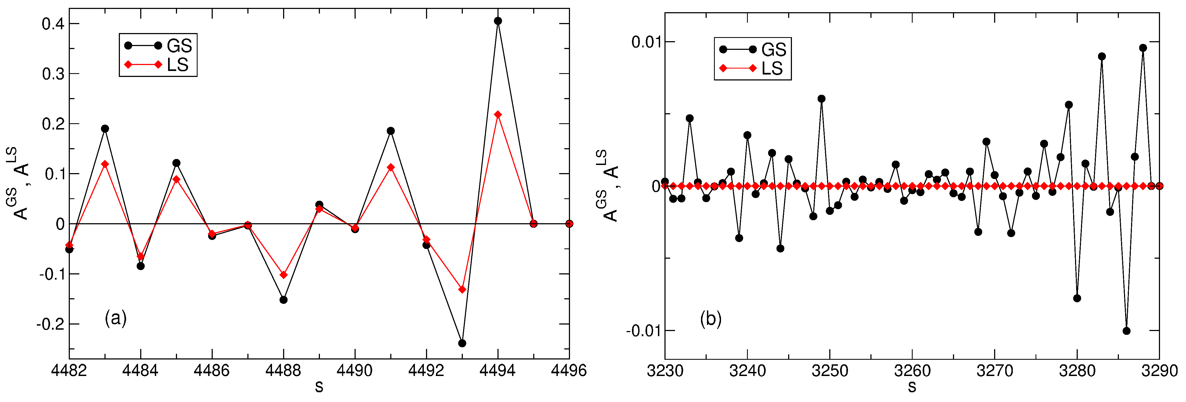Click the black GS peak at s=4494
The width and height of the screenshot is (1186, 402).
point(498,21)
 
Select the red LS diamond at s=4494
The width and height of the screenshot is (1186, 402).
point(498,114)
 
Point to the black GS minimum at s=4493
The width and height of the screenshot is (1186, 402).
point(462,343)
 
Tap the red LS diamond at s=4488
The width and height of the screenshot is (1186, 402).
point(284,275)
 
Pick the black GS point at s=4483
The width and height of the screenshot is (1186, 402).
point(105,129)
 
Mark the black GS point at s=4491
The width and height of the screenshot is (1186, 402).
point(391,131)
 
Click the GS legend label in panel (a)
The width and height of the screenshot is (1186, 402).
point(179,46)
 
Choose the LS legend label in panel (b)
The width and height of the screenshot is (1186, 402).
point(772,68)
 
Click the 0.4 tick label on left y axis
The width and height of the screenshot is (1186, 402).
point(53,24)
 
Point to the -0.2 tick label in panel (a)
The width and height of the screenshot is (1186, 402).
point(51,324)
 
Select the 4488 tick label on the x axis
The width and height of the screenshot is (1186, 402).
point(284,370)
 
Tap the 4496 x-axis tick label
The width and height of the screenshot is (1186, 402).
point(569,370)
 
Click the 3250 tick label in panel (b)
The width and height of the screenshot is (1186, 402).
point(830,371)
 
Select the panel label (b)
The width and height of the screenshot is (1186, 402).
point(710,319)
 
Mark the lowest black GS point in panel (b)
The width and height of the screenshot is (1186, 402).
point(1127,330)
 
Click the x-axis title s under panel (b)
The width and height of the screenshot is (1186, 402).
point(912,387)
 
